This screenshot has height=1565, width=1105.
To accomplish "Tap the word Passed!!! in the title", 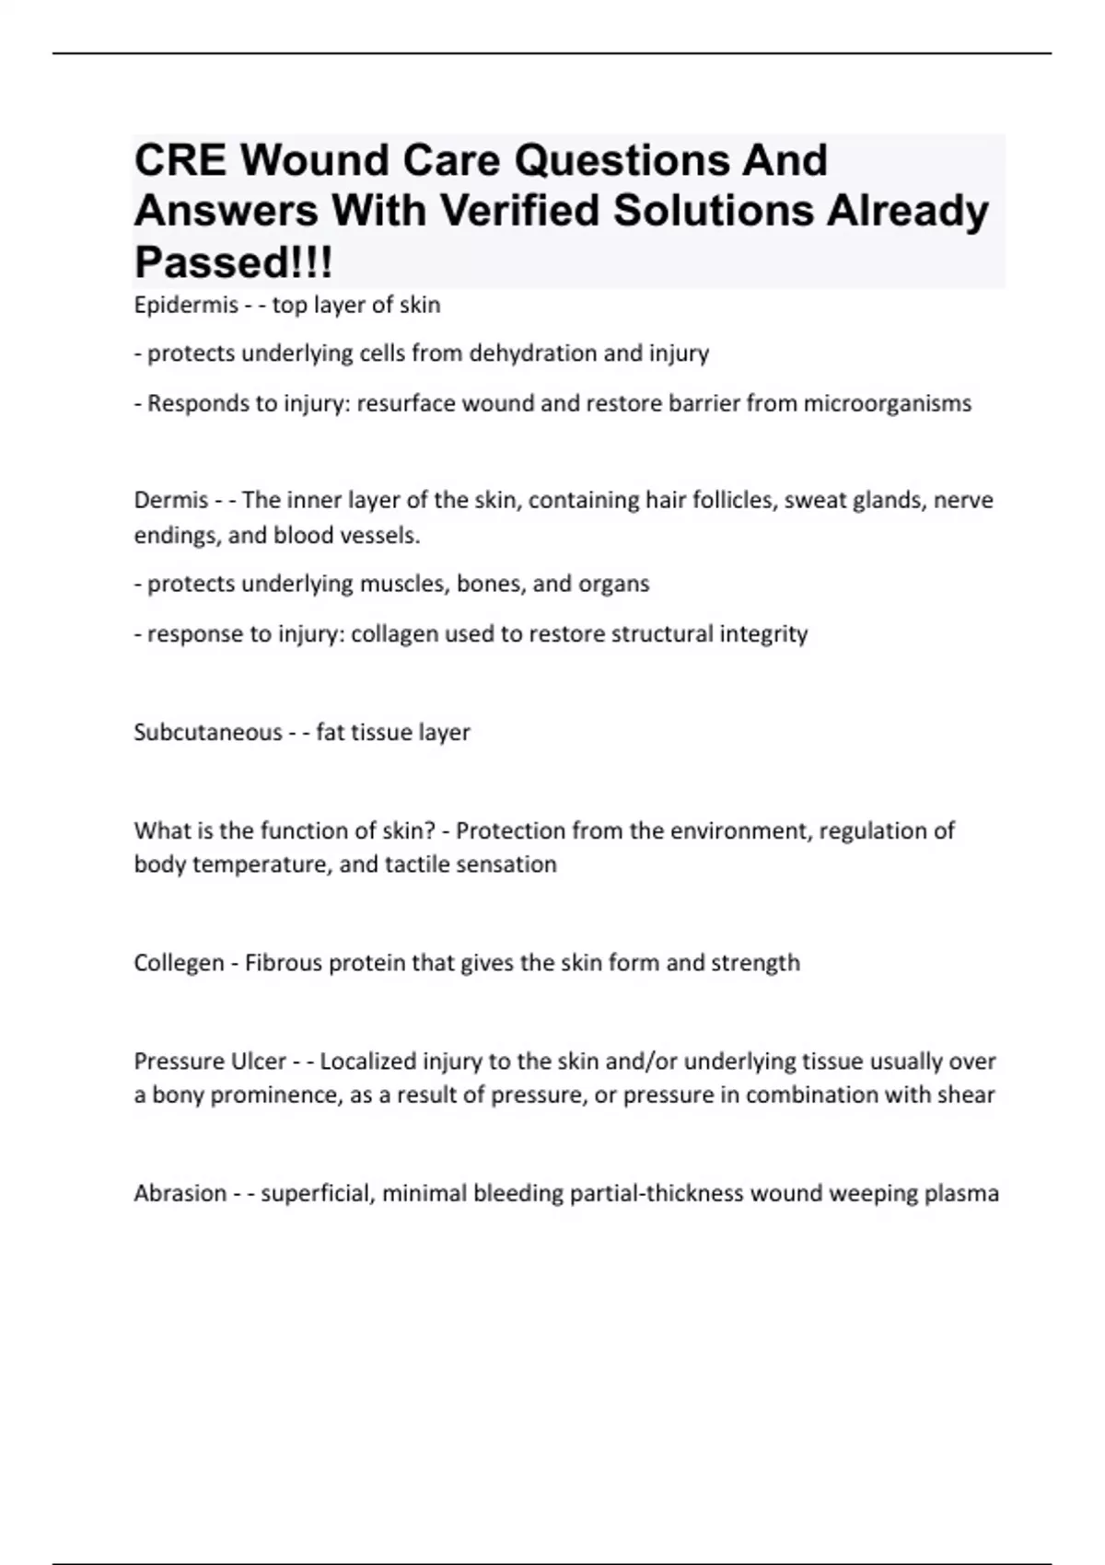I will tap(233, 262).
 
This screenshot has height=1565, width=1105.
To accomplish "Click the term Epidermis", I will tap(186, 305).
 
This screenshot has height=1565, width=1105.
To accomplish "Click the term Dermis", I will tap(171, 500).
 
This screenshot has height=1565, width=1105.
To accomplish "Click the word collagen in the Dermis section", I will tap(394, 633).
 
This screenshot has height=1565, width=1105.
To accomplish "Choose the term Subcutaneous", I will tap(208, 732).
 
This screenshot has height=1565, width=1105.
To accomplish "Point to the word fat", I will tap(328, 732).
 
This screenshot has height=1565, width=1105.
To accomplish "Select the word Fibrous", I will tap(284, 963).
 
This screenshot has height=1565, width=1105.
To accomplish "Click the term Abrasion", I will tap(180, 1193).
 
